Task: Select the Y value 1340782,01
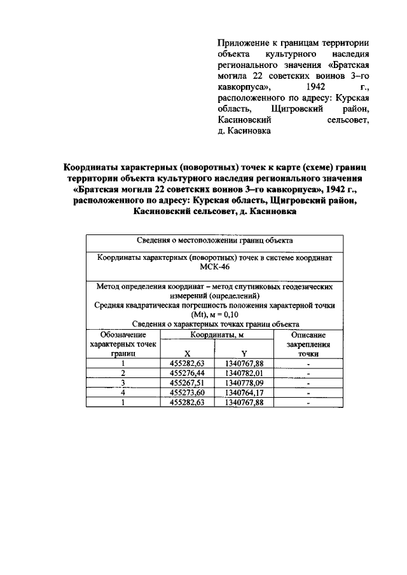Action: click(x=244, y=374)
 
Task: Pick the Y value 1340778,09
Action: click(x=244, y=383)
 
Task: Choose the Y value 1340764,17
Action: click(x=244, y=393)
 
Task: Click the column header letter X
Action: click(x=187, y=355)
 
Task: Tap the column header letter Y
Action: click(x=244, y=355)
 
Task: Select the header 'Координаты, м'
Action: click(x=216, y=334)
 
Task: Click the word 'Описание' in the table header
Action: click(x=308, y=334)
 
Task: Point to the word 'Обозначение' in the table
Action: click(x=123, y=334)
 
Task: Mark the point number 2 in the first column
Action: click(x=123, y=374)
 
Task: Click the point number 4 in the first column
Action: click(x=123, y=393)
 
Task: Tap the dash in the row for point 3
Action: click(x=308, y=383)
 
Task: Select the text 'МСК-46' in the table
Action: click(x=214, y=268)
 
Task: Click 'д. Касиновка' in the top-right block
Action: click(x=244, y=132)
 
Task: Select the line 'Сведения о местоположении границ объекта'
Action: click(x=214, y=241)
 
